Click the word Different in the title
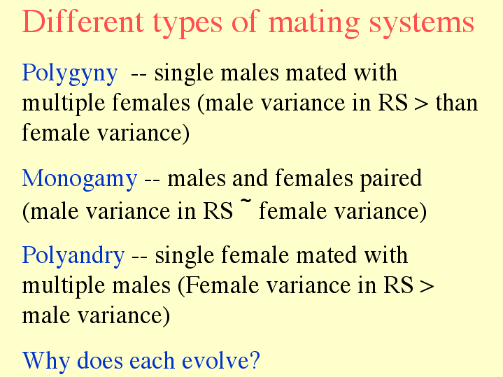point(83,22)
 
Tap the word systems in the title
point(422,24)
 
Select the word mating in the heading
point(313,24)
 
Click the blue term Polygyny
point(70,74)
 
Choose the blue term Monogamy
point(80,180)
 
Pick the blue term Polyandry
point(73,257)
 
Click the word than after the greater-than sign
point(457,103)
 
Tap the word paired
point(391,180)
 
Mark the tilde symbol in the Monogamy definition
point(246,201)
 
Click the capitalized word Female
point(221,285)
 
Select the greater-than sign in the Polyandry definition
point(427,285)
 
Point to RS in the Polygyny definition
point(393,103)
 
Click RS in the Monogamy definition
point(218,211)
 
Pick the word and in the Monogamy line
point(250,178)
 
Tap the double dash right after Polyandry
point(139,257)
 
